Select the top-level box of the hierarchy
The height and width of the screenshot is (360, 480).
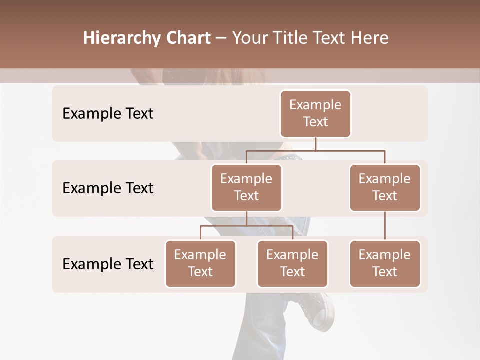315,113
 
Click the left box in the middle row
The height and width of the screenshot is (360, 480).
246,187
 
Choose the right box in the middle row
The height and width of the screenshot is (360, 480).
385,187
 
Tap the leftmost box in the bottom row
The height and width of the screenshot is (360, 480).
200,263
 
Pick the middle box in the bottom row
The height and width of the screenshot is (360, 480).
292,263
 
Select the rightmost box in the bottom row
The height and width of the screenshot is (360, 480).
385,263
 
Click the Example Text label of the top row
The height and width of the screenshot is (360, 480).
108,113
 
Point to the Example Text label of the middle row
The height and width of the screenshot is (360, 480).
108,188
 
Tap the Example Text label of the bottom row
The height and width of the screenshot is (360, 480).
108,264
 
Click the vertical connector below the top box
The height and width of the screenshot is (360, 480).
315,144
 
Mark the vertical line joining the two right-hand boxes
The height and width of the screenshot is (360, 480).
385,226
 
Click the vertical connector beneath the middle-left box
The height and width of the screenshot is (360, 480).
246,218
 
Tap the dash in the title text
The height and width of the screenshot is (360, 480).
221,38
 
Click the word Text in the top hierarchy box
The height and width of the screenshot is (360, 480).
315,122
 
